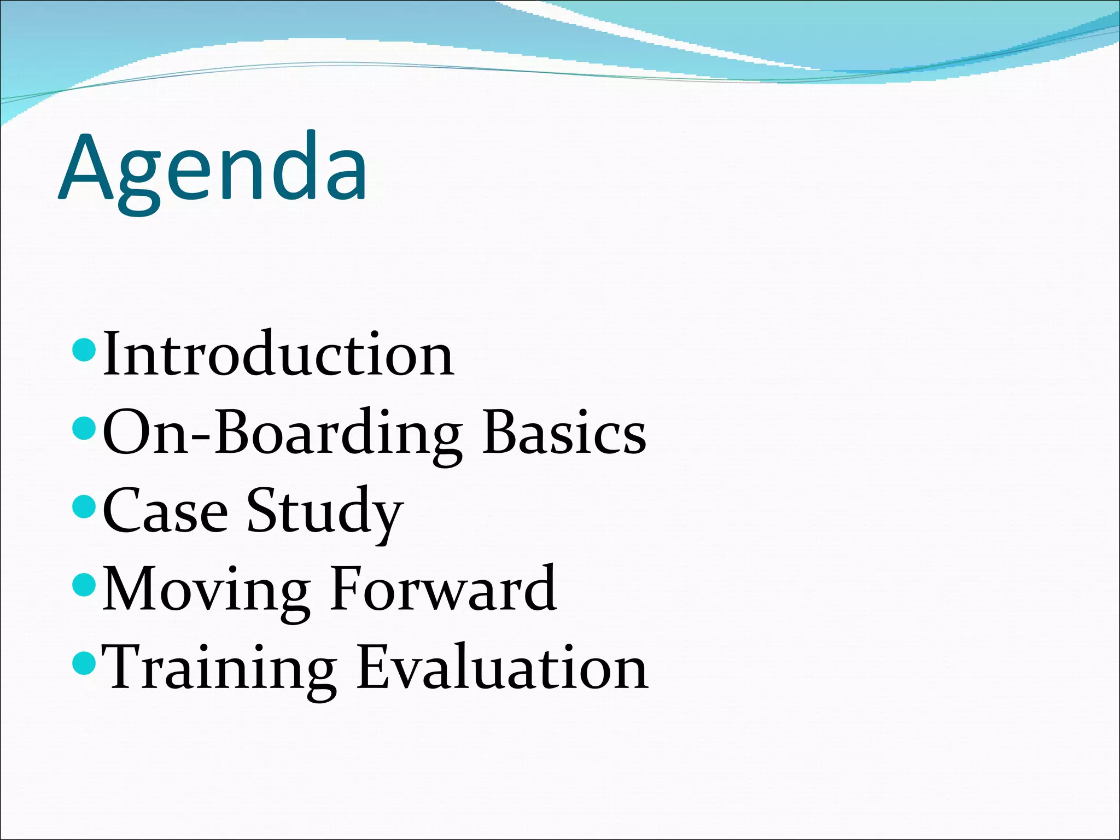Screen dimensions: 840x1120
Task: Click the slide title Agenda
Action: (213, 170)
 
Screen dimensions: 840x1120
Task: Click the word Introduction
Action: (278, 354)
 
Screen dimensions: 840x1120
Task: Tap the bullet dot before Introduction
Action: (84, 350)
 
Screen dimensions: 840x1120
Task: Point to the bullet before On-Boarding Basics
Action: (84, 428)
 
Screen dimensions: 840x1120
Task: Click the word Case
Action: (165, 511)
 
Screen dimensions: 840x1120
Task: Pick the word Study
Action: (325, 511)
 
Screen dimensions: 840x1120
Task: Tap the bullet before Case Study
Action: (84, 506)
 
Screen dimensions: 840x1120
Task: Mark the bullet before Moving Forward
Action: (84, 585)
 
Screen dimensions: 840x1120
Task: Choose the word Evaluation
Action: (502, 667)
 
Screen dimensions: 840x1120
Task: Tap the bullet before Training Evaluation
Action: (84, 663)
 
